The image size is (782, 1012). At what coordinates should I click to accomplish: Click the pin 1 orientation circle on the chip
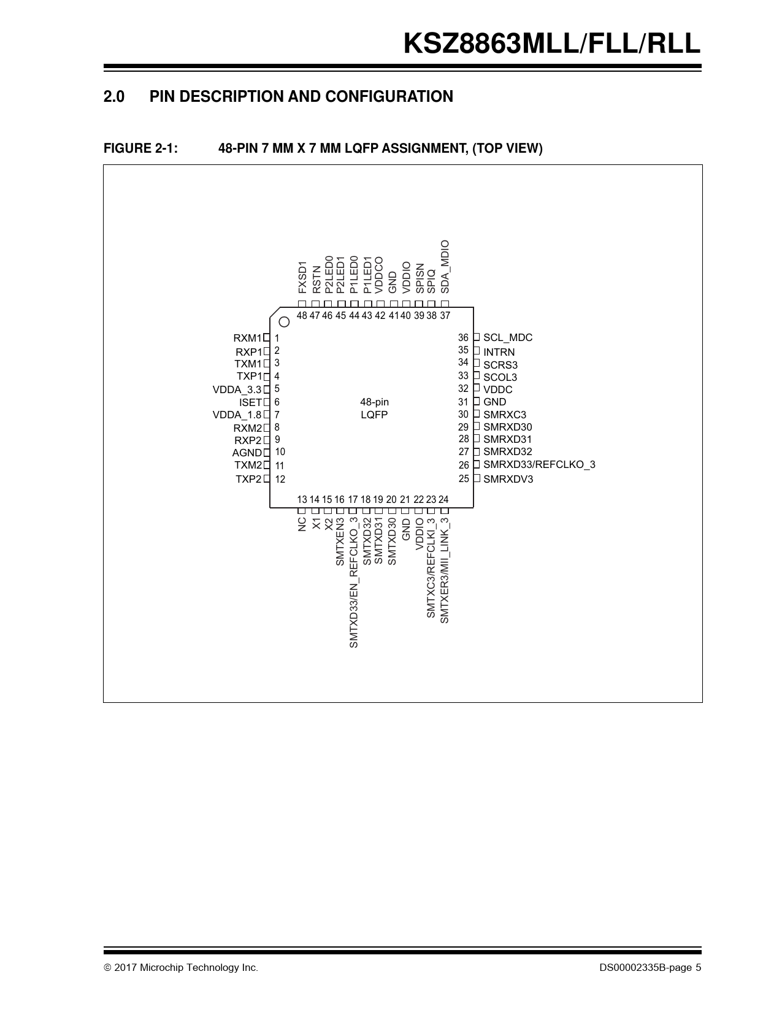point(284,322)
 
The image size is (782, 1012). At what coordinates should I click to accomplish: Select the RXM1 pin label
point(247,338)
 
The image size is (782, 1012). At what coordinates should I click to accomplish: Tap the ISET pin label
point(251,402)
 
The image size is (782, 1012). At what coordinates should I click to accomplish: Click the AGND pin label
point(247,453)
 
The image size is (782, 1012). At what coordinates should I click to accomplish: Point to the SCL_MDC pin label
point(508,338)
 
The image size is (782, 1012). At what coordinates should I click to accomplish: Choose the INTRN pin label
point(499,352)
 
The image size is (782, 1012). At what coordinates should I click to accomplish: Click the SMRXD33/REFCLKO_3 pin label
point(539,464)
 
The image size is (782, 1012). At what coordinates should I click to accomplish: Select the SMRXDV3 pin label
point(508,479)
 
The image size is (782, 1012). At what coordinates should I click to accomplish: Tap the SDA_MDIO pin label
point(445,267)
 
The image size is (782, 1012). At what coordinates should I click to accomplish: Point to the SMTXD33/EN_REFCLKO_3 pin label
point(354,582)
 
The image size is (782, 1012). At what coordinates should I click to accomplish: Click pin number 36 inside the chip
point(463,338)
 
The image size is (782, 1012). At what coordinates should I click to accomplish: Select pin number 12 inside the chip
point(280,479)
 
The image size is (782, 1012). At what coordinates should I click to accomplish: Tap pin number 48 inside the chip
point(302,316)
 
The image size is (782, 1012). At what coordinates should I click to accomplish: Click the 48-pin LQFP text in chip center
point(374,408)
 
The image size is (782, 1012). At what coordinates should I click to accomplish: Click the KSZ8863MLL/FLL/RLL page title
point(552,44)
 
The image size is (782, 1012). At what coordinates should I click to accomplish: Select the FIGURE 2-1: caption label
point(140,148)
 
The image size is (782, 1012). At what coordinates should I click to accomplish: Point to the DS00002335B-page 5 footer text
point(650,968)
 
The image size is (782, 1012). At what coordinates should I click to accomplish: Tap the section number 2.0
point(113,96)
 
